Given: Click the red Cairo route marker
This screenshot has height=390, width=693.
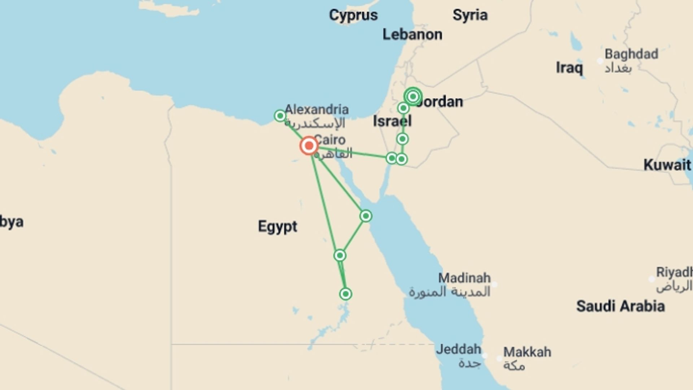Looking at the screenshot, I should [x=309, y=146].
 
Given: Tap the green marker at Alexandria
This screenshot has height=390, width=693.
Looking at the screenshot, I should [x=280, y=116].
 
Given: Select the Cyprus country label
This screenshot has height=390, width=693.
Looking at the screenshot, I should [x=353, y=15].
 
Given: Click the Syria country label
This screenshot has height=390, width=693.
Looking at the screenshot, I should [x=470, y=15].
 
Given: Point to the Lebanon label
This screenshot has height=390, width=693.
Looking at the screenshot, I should [x=412, y=35].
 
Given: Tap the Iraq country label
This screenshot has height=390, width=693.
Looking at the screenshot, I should [x=569, y=68].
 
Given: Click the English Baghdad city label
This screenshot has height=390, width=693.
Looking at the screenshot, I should [x=631, y=54].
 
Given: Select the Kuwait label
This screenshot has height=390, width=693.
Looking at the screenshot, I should [x=667, y=165].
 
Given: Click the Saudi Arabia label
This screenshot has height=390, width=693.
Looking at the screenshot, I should [x=620, y=306].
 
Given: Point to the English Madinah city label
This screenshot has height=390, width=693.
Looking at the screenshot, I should [x=464, y=278].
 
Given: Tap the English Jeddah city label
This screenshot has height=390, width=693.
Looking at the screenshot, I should [x=458, y=349].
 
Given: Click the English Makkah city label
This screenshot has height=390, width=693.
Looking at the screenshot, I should [x=527, y=352].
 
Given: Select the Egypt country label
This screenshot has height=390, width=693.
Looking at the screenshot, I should [x=277, y=227].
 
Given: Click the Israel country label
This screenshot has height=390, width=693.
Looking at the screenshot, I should [x=392, y=121].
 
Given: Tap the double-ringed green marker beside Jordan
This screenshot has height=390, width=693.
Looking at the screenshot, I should [x=413, y=96].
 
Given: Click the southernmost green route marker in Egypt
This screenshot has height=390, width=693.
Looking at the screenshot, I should [x=345, y=294].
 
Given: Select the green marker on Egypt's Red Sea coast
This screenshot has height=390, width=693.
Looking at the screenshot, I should [x=366, y=216].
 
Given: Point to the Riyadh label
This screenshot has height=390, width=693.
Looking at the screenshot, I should [x=674, y=272].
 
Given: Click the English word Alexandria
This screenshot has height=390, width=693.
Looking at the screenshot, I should [x=317, y=109].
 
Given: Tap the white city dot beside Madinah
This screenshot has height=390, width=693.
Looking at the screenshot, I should [x=494, y=285].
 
